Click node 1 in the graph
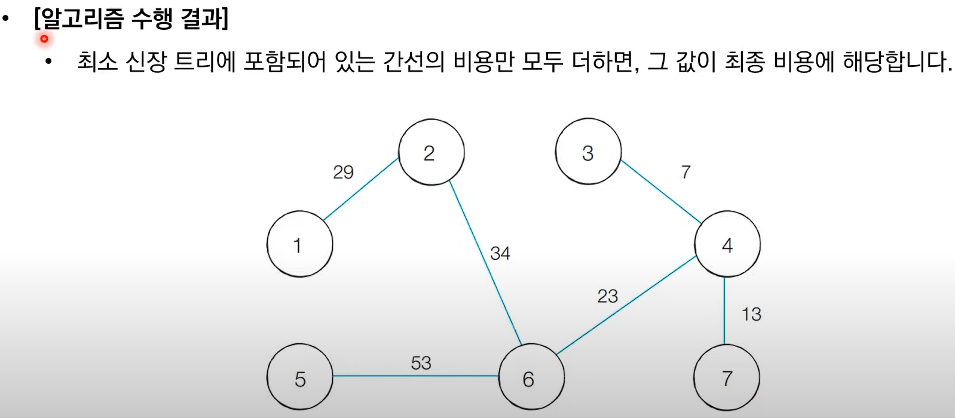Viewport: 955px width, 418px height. tap(299, 244)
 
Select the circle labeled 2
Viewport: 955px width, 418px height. tap(431, 152)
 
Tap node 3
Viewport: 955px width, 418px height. tap(588, 152)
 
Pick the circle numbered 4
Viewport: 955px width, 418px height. tap(727, 244)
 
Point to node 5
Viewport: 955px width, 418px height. tap(299, 377)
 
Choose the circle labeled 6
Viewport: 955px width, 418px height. tap(531, 377)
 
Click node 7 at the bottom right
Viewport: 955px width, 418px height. tap(727, 377)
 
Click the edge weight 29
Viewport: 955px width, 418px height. tap(343, 172)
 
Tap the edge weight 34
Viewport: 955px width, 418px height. tap(500, 253)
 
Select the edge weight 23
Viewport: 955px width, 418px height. tap(607, 296)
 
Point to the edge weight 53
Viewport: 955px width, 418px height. tap(421, 362)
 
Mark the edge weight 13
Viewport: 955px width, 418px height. tap(751, 314)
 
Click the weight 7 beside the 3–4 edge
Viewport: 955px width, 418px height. tap(685, 172)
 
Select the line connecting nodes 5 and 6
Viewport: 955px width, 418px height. tap(415, 376)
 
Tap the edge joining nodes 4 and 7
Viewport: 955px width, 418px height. tap(724, 311)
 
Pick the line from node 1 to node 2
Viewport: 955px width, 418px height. tap(361, 189)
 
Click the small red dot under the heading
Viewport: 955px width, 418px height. tap(44, 39)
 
